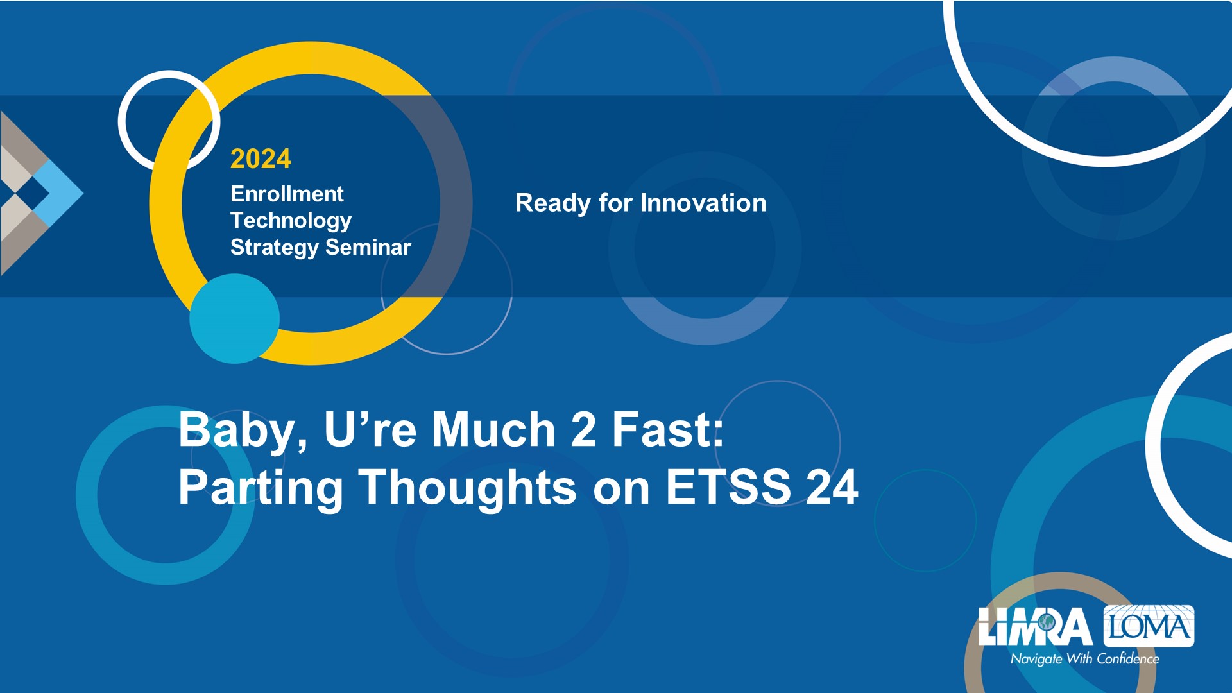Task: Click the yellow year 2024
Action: pos(261,159)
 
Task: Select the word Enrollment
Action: pos(287,194)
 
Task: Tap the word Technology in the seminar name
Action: pos(291,221)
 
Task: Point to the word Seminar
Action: pos(368,247)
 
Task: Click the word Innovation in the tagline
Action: pos(703,203)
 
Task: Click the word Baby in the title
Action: pos(243,431)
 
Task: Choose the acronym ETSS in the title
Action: pos(728,487)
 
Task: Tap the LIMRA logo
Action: pos(1035,626)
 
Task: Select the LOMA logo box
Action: pos(1149,626)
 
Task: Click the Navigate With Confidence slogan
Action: pos(1085,659)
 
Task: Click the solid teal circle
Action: pos(235,319)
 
